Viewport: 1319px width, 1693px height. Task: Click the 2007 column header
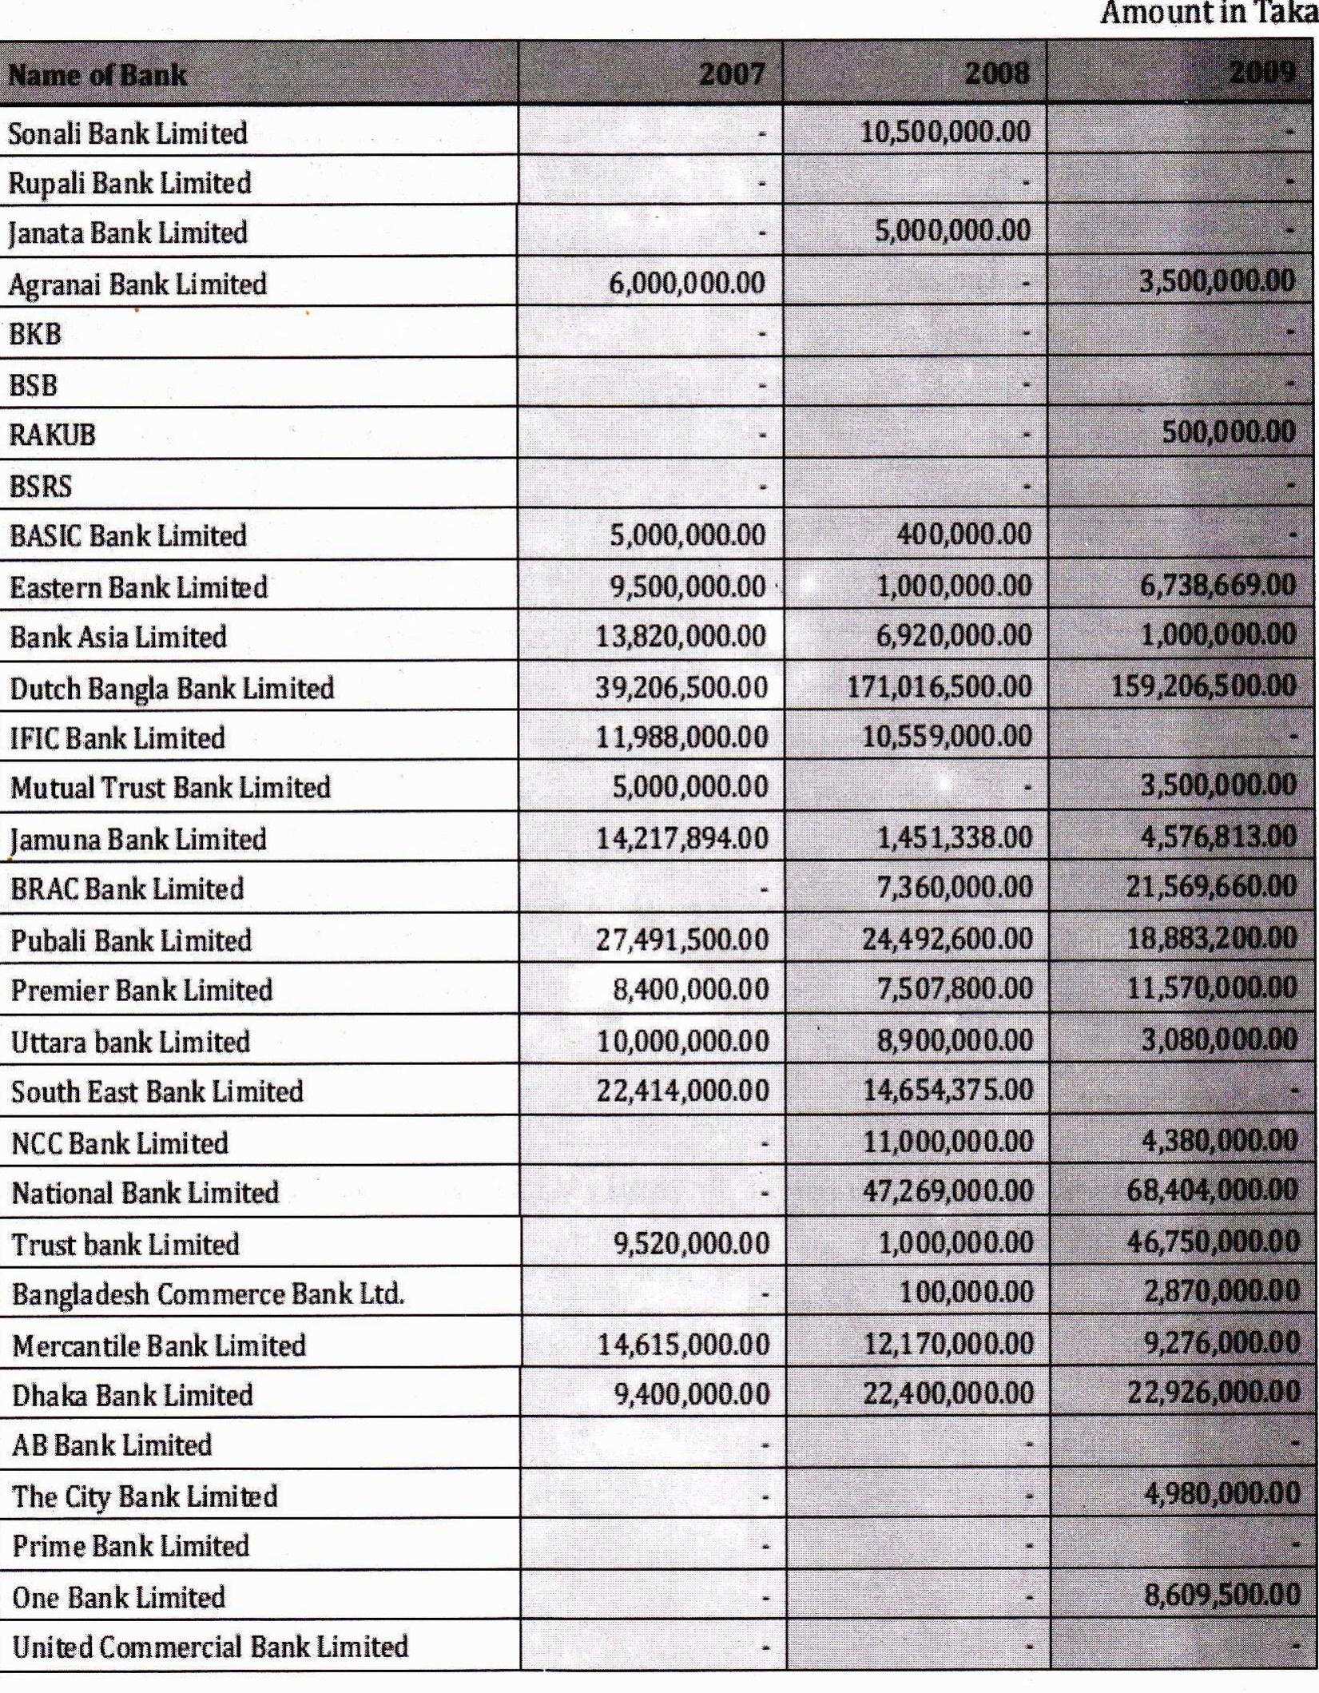point(731,74)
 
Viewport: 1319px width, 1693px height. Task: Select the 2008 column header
point(997,74)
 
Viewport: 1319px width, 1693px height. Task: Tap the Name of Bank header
point(97,76)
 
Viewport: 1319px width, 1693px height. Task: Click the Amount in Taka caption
point(1209,14)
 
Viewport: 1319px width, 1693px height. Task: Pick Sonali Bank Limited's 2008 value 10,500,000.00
point(945,131)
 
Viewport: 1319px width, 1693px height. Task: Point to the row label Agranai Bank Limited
point(137,284)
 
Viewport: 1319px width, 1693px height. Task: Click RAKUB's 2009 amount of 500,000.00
point(1229,432)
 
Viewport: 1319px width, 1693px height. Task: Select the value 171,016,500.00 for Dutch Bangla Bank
point(940,686)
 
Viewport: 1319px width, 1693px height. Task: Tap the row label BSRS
point(41,486)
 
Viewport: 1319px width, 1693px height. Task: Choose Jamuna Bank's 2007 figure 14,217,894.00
point(681,838)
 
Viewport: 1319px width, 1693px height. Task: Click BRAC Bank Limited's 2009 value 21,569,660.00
point(1211,886)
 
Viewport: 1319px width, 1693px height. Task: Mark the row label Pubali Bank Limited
point(131,940)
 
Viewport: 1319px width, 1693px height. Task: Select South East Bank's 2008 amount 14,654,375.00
point(948,1090)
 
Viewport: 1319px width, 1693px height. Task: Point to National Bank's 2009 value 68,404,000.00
point(1212,1190)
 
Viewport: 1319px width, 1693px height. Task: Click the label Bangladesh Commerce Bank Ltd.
point(208,1294)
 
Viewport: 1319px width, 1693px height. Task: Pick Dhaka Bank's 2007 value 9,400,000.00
point(692,1394)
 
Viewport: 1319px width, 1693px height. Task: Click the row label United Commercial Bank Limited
point(210,1646)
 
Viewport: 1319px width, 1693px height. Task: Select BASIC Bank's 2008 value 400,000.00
point(963,534)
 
